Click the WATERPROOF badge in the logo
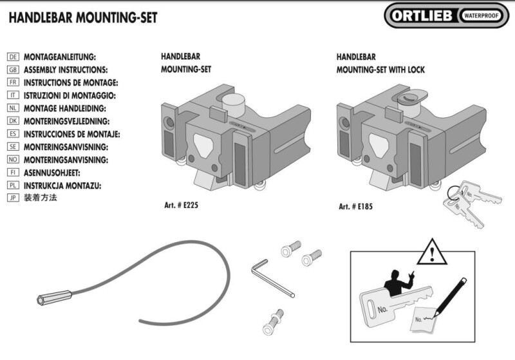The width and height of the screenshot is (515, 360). tap(483, 15)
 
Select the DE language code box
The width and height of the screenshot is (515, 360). tap(12, 57)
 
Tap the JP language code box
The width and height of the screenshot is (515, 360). tap(12, 198)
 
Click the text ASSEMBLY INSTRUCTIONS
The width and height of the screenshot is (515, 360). tap(65, 70)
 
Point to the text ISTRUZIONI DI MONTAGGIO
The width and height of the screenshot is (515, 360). tap(69, 95)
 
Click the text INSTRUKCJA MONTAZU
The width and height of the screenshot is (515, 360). tap(62, 185)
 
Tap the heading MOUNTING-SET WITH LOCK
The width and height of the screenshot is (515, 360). tap(380, 70)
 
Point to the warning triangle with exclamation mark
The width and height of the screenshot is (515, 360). tap(431, 252)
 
